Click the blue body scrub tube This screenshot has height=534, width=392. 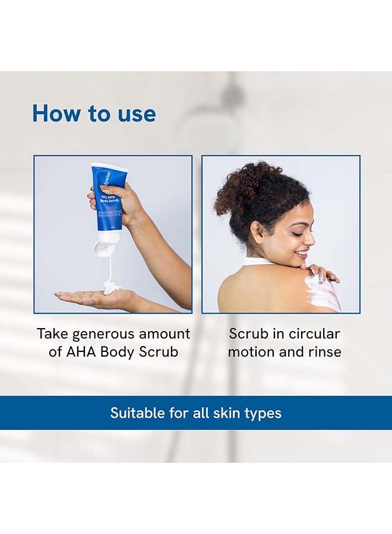pyautogui.click(x=108, y=199)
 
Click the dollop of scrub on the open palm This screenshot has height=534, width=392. pyautogui.click(x=112, y=289)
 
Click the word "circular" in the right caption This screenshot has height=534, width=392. pyautogui.click(x=312, y=333)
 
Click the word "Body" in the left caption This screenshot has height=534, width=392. pyautogui.click(x=119, y=351)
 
